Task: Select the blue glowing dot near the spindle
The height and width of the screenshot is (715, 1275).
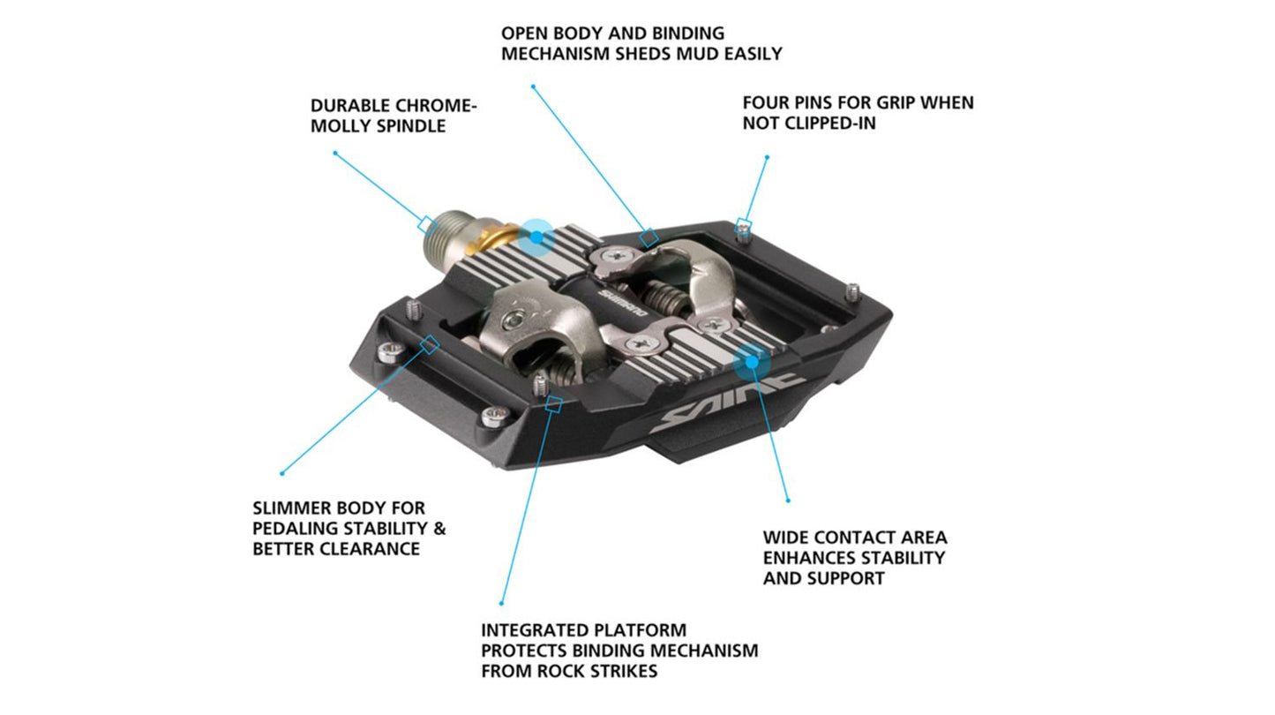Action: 535,237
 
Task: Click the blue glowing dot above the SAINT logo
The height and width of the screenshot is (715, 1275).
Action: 751,360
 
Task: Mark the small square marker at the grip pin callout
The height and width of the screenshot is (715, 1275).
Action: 745,223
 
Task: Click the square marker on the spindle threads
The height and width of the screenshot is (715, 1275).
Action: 425,223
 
